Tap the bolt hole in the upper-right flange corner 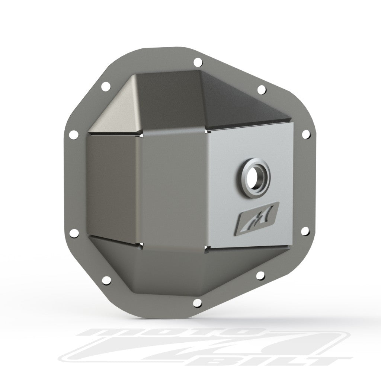[261, 89]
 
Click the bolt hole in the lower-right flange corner [260, 275]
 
